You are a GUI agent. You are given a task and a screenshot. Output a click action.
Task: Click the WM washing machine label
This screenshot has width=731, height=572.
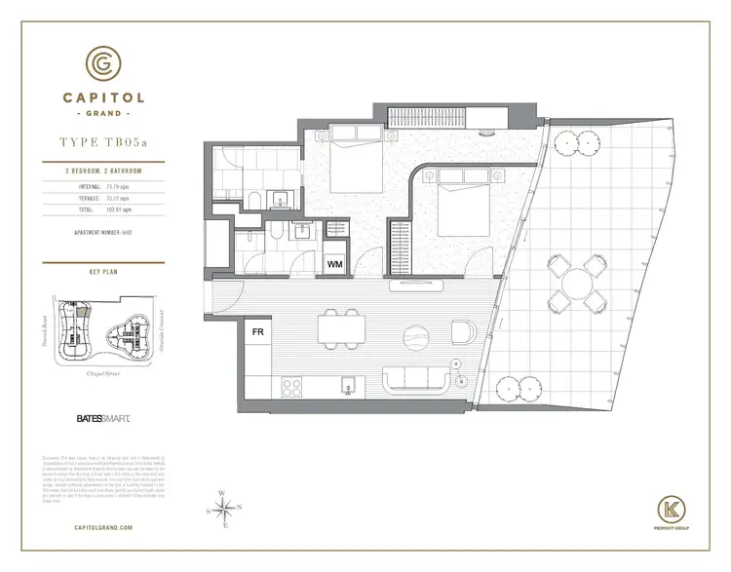(335, 264)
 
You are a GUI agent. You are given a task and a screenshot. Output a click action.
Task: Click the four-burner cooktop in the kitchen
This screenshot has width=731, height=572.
(291, 385)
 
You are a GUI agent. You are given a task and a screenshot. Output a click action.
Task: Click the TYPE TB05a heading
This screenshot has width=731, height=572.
(105, 142)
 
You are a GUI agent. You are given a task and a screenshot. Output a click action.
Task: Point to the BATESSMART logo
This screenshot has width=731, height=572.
(103, 420)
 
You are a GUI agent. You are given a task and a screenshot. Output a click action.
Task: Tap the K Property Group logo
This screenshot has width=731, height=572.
(671, 509)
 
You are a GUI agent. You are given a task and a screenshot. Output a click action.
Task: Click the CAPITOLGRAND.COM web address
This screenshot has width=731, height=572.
(105, 527)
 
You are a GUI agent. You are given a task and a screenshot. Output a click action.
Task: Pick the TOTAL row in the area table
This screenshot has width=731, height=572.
(105, 209)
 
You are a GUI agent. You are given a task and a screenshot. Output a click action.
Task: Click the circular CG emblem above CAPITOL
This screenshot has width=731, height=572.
(103, 62)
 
